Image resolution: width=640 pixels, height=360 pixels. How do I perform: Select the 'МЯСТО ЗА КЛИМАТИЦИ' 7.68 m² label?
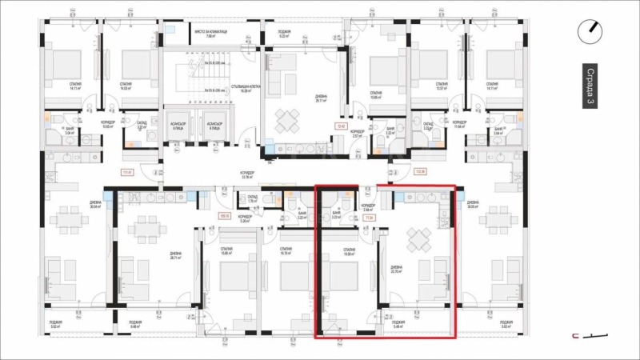pos(210,34)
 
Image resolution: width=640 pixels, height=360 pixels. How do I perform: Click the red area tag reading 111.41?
pos(126,171)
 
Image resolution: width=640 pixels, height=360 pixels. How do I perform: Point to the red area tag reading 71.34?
pos(369,216)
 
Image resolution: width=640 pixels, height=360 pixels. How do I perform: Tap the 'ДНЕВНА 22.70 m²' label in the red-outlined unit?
pos(397,270)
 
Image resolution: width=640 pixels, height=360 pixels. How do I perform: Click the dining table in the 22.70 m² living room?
pos(418,238)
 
